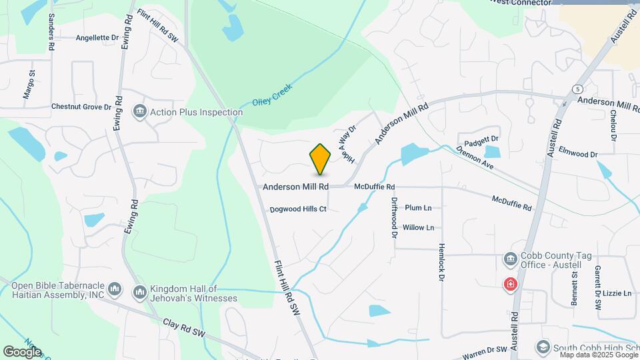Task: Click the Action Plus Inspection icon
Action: coord(140,111)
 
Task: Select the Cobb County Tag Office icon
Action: coord(511,258)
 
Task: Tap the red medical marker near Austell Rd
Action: coord(511,285)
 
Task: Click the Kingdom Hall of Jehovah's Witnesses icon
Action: coord(140,292)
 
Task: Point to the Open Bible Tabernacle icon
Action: coord(115,289)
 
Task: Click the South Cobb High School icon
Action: coord(543,347)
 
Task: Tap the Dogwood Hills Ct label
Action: coord(298,209)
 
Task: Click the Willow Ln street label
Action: coord(419,227)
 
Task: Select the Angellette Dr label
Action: coord(101,38)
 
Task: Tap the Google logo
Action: coord(22,351)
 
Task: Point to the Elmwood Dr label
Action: coord(578,154)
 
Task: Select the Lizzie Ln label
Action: coord(617,293)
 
